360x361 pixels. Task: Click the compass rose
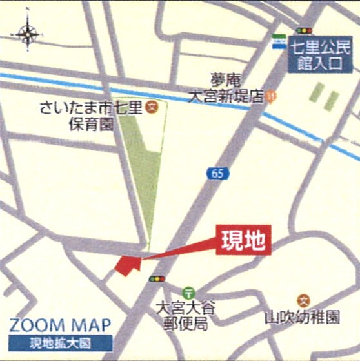[29, 33]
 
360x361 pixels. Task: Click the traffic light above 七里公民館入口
[303, 30]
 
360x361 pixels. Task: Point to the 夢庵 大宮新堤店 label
[226, 88]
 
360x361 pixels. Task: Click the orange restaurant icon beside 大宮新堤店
[271, 96]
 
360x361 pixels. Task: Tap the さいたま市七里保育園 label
[90, 115]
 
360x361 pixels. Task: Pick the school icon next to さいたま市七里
[152, 106]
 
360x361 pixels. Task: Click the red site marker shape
[126, 265]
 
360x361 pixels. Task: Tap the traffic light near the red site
[156, 279]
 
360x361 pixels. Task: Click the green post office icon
[188, 292]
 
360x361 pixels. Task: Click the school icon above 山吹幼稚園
[303, 300]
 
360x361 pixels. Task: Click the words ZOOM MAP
[60, 324]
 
